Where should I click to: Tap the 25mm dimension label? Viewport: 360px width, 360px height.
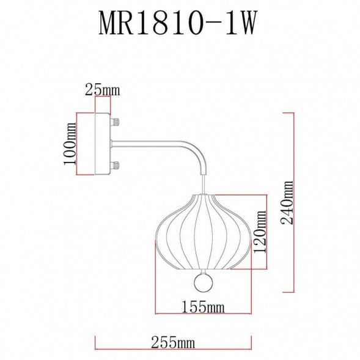coord(101,90)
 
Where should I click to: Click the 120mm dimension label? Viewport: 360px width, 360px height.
coord(260,232)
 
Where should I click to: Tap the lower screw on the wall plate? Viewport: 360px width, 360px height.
coord(114,165)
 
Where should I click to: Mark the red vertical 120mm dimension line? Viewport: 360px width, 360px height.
coord(266,232)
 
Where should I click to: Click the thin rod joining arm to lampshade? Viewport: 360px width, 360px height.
coord(202,183)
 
